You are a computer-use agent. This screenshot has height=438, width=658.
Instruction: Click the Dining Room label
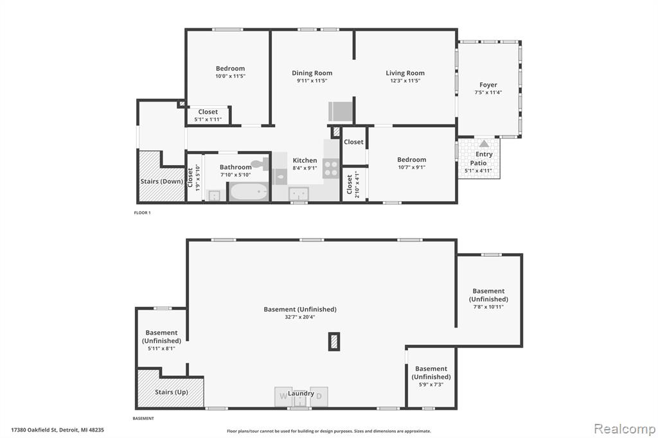pyautogui.click(x=312, y=73)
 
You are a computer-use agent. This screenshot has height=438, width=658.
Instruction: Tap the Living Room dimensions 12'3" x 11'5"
pyautogui.click(x=405, y=80)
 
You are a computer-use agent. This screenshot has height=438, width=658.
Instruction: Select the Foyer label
pyautogui.click(x=488, y=85)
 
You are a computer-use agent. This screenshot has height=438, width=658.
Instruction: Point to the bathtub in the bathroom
pyautogui.click(x=249, y=192)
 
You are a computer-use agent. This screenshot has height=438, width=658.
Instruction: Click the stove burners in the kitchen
pyautogui.click(x=331, y=168)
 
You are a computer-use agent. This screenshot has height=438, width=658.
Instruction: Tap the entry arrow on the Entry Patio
pyautogui.click(x=485, y=143)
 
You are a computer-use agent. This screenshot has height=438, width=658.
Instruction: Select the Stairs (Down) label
pyautogui.click(x=161, y=181)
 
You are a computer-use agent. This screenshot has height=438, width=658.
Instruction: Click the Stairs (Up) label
pyautogui.click(x=171, y=392)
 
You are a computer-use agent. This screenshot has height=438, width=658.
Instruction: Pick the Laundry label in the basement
pyautogui.click(x=301, y=394)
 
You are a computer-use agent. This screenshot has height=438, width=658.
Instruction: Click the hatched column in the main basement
pyautogui.click(x=334, y=342)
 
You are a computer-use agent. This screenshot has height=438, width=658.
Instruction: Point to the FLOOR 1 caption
pyautogui.click(x=142, y=213)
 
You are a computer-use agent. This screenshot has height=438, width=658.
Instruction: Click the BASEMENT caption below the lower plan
pyautogui.click(x=143, y=418)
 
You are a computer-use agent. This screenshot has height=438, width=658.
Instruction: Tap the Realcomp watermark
pyautogui.click(x=625, y=429)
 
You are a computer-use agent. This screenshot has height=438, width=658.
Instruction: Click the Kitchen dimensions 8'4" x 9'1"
pyautogui.click(x=305, y=168)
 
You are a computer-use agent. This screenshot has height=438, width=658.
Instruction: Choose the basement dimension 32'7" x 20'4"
pyautogui.click(x=299, y=317)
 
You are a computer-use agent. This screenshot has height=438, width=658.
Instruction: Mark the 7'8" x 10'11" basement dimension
pyautogui.click(x=488, y=307)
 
